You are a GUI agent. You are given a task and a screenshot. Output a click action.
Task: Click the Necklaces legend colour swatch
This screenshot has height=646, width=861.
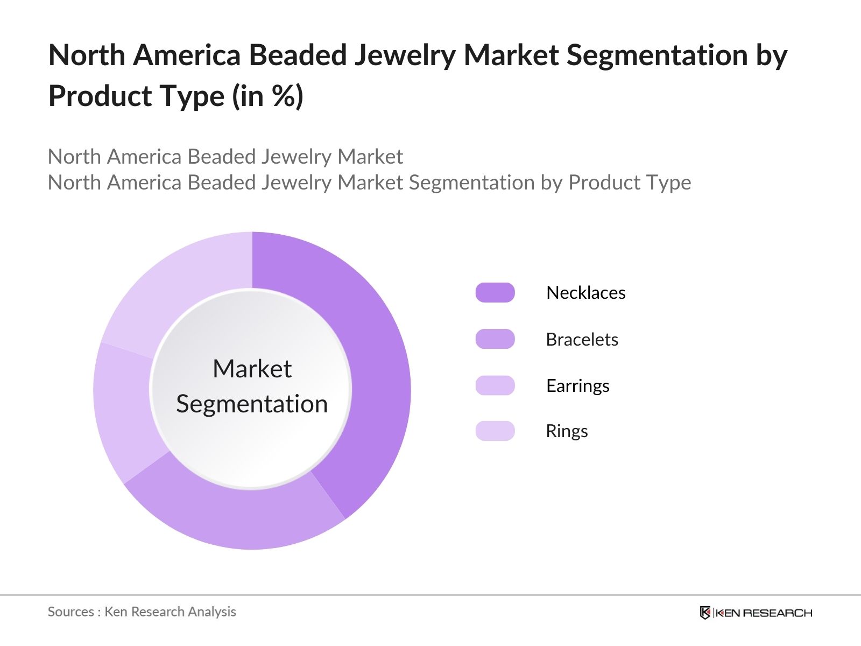[x=495, y=292]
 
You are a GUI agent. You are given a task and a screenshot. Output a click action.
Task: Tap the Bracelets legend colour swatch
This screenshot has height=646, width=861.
[x=495, y=339]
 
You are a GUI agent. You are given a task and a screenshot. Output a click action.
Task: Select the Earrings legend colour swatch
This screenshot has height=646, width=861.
[x=495, y=385]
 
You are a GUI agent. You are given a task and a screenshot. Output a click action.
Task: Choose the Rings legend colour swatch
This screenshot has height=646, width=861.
[x=495, y=431]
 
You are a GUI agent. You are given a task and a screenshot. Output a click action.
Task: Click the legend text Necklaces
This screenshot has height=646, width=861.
[x=585, y=292]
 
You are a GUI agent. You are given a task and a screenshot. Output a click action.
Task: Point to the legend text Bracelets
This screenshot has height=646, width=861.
[x=582, y=339]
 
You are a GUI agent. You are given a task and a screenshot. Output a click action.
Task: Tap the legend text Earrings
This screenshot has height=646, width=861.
[x=577, y=385]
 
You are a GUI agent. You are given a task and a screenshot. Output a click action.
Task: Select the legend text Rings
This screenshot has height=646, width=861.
[x=567, y=431]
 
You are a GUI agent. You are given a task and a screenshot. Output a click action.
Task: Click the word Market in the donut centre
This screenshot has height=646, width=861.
[x=252, y=369]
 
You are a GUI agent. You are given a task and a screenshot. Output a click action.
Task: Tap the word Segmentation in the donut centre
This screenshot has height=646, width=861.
[x=252, y=404]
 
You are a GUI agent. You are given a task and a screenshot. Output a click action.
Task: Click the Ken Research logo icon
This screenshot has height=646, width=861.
[x=705, y=613]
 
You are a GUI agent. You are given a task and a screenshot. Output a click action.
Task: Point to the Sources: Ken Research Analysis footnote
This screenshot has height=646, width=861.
[x=142, y=612]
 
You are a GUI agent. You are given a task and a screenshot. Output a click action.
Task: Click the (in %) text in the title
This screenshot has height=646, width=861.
[x=267, y=96]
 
